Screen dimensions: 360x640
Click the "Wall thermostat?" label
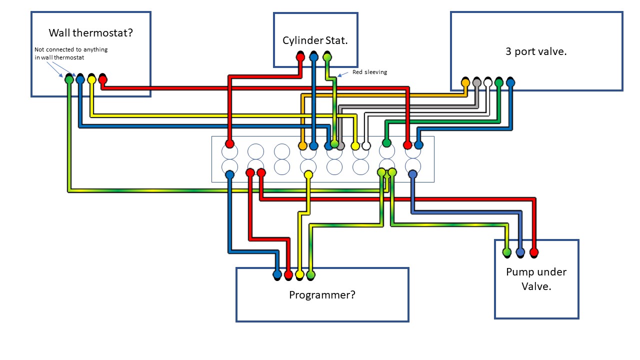point(91,33)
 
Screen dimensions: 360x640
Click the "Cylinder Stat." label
point(315,40)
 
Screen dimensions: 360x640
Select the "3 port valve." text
point(536,51)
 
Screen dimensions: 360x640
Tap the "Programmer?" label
point(322,294)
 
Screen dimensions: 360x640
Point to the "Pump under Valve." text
point(536,279)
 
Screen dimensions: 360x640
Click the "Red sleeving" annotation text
point(369,72)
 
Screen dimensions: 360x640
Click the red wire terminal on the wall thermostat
point(102,79)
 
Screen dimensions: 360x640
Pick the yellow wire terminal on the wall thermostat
point(91,79)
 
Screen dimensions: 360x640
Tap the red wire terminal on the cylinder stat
point(300,57)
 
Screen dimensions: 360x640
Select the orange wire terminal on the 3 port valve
point(465,82)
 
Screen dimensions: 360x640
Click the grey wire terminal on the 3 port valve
point(477,82)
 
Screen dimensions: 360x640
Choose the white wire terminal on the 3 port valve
point(488,82)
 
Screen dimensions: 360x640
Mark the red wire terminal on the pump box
point(533,252)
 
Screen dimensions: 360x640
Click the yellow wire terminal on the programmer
point(299,274)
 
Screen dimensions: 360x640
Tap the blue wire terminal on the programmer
point(277,274)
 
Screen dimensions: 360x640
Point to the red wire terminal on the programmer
point(288,274)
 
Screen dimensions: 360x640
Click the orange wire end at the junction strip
point(302,146)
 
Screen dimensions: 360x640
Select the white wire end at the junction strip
point(366,146)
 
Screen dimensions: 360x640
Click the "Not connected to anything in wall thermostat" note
point(70,53)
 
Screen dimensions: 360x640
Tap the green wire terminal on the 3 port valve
point(498,82)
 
